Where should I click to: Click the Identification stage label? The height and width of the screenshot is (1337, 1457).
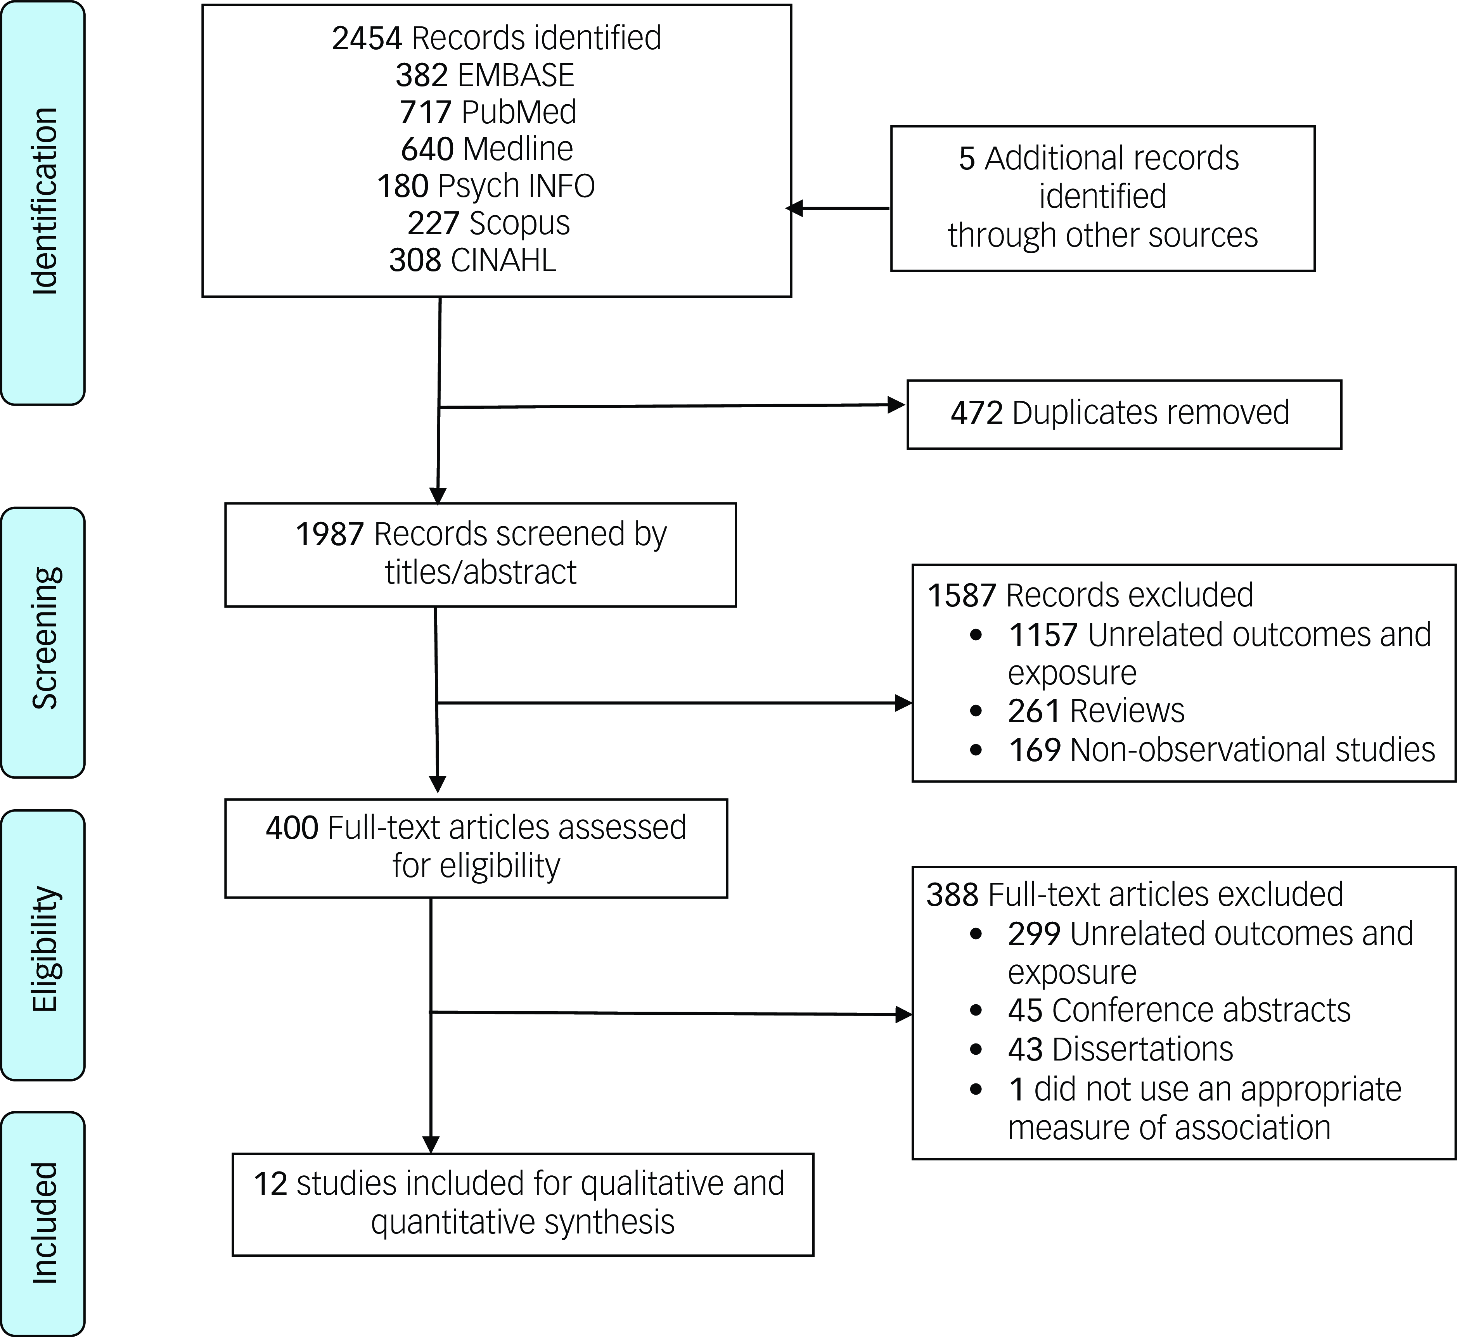pyautogui.click(x=44, y=201)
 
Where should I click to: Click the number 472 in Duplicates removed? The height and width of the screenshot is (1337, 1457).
pyautogui.click(x=977, y=413)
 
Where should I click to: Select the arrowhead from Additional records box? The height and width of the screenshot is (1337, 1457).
pyautogui.click(x=795, y=208)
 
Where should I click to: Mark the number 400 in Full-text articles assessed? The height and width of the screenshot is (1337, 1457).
pyautogui.click(x=292, y=827)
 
